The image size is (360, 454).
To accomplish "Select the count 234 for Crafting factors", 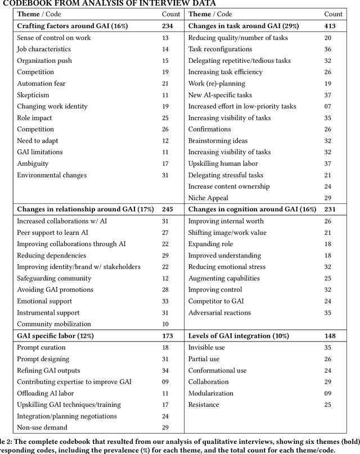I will (x=168, y=26).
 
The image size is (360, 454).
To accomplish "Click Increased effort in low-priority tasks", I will (x=242, y=106).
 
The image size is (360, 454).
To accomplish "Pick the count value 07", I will (x=335, y=106).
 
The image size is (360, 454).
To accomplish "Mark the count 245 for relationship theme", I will (x=168, y=210).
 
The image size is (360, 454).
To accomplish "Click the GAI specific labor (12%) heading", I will (x=55, y=336).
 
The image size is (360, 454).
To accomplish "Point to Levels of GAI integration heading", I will (x=238, y=336).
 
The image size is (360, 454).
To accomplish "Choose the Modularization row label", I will (x=211, y=393).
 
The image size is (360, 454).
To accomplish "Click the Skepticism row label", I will (x=33, y=95).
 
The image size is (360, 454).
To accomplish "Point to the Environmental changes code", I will (x=52, y=175).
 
